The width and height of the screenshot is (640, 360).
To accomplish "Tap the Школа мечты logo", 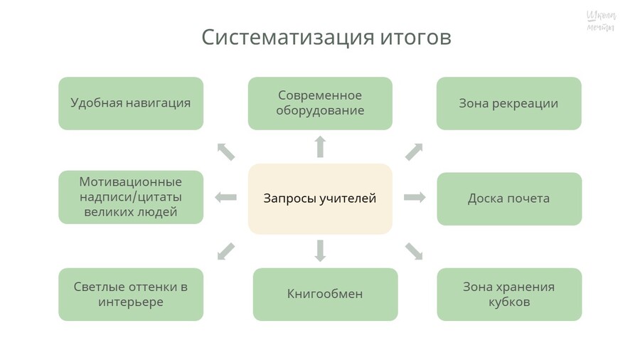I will point(601,21).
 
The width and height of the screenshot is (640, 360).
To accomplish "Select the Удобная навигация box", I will point(131,103).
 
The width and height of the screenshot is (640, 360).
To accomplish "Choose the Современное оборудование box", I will point(320,103).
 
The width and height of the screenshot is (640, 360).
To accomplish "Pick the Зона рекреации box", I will point(508,103).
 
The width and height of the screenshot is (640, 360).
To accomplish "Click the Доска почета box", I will point(508,198).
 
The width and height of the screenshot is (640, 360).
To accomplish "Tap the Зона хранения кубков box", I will point(508,294).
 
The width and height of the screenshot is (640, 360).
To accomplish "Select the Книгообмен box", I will point(325,294).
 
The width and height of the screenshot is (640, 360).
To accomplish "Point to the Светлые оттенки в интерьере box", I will point(131,294).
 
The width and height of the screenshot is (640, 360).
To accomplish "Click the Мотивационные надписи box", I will point(131,197).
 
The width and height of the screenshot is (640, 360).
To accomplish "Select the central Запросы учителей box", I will point(320,198).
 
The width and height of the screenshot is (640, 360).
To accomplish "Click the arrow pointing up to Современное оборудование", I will point(320,147).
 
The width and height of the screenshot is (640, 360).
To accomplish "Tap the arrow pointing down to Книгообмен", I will point(320,250).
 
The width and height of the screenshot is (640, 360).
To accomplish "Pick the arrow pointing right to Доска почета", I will point(414,197).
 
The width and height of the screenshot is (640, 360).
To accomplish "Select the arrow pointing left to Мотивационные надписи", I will point(226,197).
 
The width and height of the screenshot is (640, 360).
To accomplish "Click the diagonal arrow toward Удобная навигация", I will point(225,151).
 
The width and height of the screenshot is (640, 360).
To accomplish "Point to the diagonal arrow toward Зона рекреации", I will point(414,151).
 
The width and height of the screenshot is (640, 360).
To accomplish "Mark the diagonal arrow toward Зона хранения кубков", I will point(414,250).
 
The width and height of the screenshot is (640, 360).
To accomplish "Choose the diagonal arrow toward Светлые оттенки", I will point(225,250).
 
